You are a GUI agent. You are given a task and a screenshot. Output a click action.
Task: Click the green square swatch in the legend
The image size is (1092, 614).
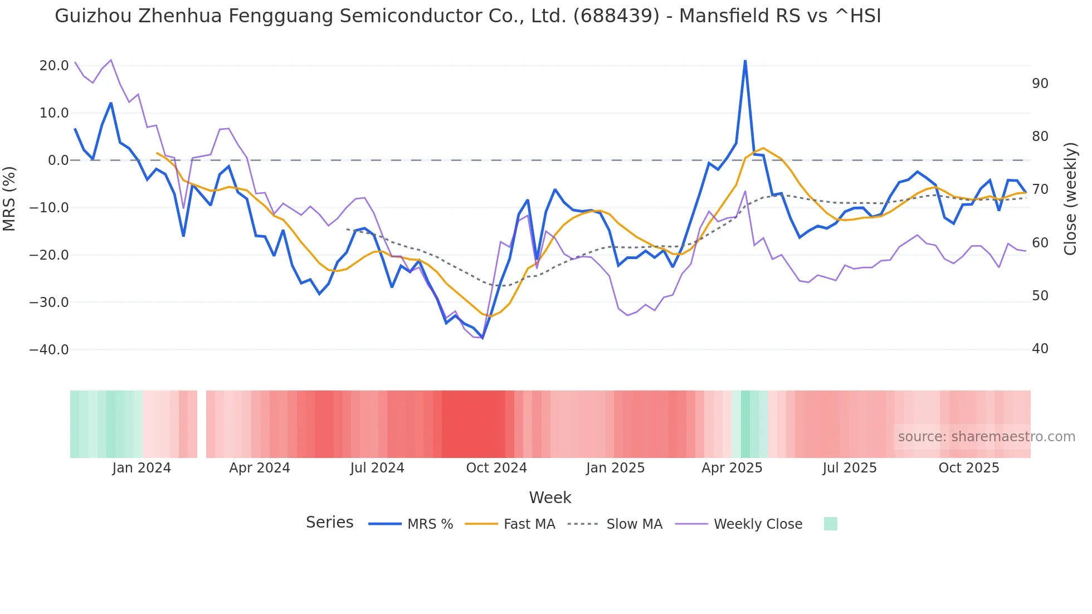tap(830, 524)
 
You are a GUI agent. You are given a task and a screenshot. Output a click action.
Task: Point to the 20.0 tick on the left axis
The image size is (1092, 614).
tap(54, 66)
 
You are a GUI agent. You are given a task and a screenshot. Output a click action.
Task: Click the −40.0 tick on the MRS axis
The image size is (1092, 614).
tap(49, 350)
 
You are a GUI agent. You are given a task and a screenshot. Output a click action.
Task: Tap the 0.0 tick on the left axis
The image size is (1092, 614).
tap(58, 160)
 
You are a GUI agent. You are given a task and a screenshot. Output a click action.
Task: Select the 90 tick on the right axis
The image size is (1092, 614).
tap(1040, 84)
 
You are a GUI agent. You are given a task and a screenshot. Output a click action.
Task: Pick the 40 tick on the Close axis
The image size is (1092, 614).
tap(1040, 349)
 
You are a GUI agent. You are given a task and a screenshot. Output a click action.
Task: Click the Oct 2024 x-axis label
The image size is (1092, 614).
tap(496, 468)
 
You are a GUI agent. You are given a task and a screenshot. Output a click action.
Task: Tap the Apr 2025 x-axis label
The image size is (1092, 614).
tap(732, 468)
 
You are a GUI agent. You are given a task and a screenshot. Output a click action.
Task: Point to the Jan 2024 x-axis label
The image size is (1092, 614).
tap(141, 468)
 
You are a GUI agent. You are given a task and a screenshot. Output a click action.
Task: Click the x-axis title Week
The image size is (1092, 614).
tap(550, 498)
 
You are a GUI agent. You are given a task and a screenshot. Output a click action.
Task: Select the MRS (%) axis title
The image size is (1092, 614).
tap(9, 198)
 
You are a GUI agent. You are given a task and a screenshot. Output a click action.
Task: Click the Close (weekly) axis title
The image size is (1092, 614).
tap(1070, 199)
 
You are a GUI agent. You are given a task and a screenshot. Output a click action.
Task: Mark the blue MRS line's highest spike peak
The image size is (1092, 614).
tap(745, 61)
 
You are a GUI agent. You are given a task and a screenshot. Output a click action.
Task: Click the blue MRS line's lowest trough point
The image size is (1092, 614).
tap(482, 338)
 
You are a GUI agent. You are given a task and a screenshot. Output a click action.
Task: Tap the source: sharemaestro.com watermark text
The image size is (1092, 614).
tap(986, 437)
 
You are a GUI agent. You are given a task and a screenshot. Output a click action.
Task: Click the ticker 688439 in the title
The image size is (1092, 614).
tap(616, 16)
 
